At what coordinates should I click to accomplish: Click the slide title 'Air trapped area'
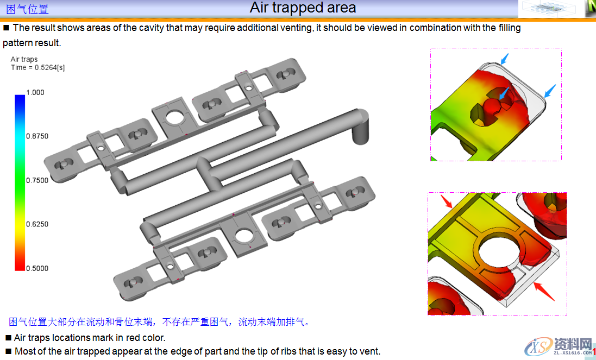[303, 8]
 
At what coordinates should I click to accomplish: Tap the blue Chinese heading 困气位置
[27, 9]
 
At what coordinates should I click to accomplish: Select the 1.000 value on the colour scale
[35, 92]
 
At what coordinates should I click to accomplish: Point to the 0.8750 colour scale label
[37, 136]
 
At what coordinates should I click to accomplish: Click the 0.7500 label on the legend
[37, 180]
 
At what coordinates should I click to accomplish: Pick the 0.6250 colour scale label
[37, 224]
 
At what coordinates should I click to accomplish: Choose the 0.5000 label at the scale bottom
[37, 268]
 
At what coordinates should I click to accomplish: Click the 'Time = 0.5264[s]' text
[37, 67]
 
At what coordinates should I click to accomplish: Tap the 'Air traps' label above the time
[24, 59]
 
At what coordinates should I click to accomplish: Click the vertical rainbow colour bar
[20, 182]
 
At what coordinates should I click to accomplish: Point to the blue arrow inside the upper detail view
[504, 93]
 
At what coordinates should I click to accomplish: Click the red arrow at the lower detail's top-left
[446, 201]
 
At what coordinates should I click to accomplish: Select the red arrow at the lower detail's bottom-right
[544, 292]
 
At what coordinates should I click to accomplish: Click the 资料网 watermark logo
[558, 346]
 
